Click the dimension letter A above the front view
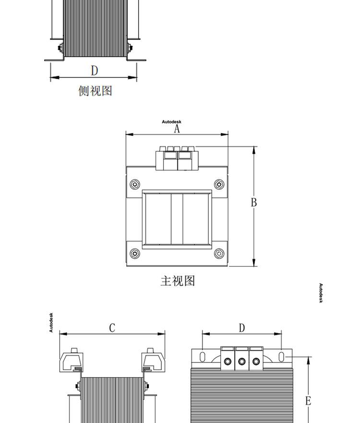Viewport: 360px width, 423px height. pos(177,129)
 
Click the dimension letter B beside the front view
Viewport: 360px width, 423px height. pos(254,202)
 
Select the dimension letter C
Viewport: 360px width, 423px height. pos(112,328)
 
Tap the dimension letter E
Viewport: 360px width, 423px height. pos(308,400)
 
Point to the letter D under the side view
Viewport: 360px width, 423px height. pos(95,71)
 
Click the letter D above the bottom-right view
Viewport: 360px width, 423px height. pos(242,328)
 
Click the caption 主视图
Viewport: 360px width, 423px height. pos(178,281)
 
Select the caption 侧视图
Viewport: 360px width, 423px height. pos(95,91)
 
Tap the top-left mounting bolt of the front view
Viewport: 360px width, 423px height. pos(135,184)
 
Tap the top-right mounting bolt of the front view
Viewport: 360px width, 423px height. pos(219,184)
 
